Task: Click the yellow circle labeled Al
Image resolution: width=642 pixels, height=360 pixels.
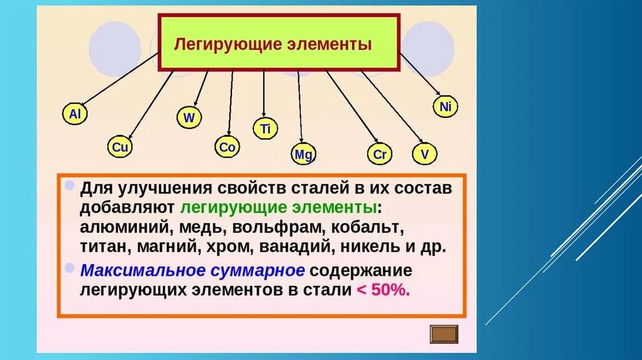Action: tap(75, 114)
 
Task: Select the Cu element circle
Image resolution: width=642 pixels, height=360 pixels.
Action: tap(120, 147)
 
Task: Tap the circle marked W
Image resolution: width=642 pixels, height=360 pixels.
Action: tap(189, 117)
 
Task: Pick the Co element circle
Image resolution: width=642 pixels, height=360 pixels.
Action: tap(227, 147)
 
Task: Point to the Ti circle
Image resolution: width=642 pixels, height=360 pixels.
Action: tap(265, 129)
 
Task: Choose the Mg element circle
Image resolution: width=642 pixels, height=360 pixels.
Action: tap(303, 154)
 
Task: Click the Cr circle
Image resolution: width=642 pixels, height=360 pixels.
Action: tap(379, 154)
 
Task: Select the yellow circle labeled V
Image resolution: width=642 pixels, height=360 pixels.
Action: tap(425, 154)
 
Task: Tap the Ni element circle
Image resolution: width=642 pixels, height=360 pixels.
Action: tap(445, 107)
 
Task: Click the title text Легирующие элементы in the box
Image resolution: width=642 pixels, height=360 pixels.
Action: tap(273, 45)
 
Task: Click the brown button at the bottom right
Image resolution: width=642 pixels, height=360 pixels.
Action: tap(445, 334)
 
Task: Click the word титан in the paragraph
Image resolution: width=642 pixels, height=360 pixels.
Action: tap(102, 246)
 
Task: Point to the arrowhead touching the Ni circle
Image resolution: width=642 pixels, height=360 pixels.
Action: tap(437, 95)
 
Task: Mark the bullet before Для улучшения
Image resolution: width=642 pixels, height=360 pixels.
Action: tap(69, 186)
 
